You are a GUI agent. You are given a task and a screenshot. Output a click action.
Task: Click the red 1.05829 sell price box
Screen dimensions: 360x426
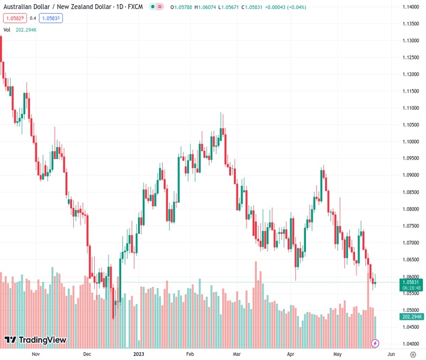pos(14,18)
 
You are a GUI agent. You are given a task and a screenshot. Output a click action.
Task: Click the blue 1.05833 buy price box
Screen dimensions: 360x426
pos(52,18)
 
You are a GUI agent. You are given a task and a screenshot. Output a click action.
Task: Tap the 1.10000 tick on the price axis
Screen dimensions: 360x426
pos(410,142)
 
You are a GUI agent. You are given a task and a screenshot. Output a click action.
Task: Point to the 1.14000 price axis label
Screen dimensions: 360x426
pos(410,7)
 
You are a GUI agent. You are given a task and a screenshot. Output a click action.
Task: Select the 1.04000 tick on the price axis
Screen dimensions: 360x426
pos(410,344)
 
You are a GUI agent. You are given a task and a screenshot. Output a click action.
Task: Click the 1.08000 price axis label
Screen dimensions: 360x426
pos(410,209)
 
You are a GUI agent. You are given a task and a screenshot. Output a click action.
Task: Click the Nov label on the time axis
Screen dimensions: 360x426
pos(35,354)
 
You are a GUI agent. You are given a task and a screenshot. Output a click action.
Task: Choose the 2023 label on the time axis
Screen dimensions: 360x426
pos(139,354)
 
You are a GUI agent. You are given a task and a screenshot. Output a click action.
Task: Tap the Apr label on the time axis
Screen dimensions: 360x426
pos(290,354)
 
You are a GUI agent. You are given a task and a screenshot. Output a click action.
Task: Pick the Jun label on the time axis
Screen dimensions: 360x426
pos(391,354)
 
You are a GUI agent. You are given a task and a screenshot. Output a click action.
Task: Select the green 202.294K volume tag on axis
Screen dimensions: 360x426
pos(410,316)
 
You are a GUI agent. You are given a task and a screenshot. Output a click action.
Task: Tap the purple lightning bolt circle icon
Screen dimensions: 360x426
pos(375,343)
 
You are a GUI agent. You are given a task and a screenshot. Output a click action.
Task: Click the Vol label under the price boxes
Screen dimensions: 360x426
pos(7,29)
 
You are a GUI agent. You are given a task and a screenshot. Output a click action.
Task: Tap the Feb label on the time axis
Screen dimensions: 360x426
pos(190,354)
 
